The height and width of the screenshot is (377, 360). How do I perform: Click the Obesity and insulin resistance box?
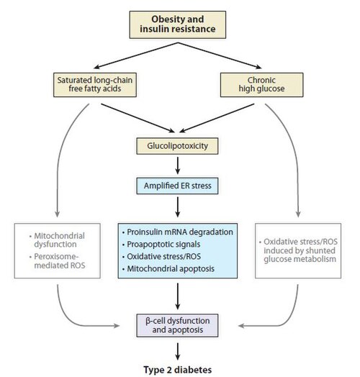178,24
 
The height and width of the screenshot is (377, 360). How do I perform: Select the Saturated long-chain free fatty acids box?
95,85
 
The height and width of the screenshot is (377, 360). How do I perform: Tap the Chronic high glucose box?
261,85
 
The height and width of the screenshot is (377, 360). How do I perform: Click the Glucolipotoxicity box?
177,146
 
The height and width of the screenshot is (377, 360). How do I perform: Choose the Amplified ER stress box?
177,186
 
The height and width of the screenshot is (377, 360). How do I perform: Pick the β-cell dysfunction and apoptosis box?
177,325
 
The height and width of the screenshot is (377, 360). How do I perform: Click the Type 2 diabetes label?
178,370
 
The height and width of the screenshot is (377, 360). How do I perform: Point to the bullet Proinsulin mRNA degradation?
178,232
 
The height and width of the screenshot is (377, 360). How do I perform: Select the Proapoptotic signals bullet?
161,245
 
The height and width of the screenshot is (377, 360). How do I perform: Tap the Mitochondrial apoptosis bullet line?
168,268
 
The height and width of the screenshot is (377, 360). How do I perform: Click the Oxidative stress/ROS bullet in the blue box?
161,256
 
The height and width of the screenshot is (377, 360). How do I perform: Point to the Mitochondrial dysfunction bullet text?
57,240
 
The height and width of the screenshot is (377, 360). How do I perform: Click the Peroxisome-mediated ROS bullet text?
58,261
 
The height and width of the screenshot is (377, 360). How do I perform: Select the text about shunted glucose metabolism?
298,250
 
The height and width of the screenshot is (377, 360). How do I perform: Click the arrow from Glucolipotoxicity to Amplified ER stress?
178,165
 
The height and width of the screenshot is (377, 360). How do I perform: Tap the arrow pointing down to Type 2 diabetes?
178,351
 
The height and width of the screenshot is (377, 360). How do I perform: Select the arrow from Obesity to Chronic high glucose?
220,56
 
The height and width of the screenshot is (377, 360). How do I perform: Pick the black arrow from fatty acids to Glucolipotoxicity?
138,118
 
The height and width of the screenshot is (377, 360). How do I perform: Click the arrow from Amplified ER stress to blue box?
178,207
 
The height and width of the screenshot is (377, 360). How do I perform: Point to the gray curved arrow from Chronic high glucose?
295,154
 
